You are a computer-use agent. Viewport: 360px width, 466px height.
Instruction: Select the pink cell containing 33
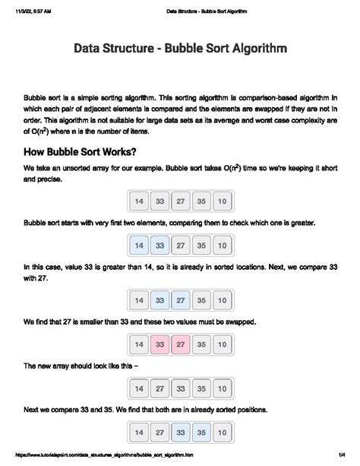click(159, 345)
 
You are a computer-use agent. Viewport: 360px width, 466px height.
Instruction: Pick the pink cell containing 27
click(180, 345)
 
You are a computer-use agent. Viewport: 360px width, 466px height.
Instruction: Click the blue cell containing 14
click(139, 246)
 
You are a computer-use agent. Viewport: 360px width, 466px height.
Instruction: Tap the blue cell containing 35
click(201, 435)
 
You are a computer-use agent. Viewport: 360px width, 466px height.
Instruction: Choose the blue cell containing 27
click(180, 300)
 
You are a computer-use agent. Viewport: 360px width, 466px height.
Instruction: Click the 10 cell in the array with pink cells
click(221, 345)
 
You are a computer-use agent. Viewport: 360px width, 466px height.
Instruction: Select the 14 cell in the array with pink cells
click(139, 345)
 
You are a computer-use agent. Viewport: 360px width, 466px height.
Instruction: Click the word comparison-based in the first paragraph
click(254, 98)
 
